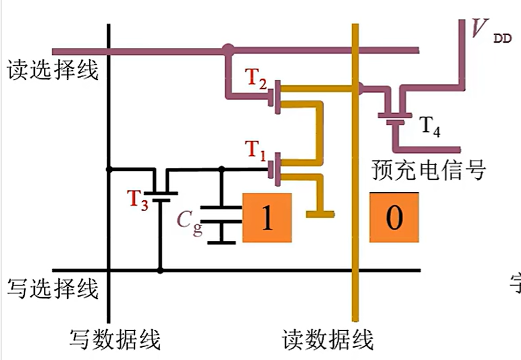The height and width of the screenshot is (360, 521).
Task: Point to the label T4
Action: (x=430, y=126)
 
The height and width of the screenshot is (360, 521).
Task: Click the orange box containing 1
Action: (x=267, y=218)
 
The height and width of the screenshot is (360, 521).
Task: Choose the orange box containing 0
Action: (x=394, y=218)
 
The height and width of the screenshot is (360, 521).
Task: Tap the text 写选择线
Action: (x=52, y=289)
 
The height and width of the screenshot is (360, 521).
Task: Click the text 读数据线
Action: (x=328, y=340)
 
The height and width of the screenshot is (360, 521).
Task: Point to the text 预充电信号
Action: (x=429, y=170)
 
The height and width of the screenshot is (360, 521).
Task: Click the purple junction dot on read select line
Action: (x=228, y=50)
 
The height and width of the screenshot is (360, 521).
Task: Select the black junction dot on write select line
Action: (x=160, y=270)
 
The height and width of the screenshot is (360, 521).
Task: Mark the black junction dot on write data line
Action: (x=108, y=169)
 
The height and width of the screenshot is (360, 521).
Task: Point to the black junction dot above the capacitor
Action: (x=221, y=169)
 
